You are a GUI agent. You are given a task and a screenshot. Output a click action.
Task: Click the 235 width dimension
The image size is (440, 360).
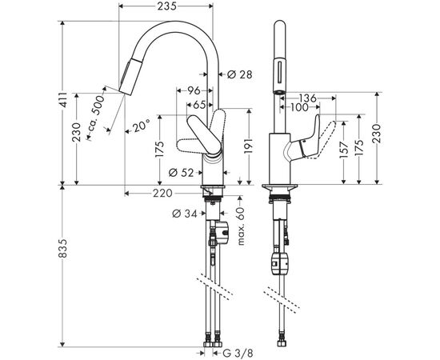165,6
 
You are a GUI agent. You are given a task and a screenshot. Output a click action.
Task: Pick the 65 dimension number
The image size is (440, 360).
198,104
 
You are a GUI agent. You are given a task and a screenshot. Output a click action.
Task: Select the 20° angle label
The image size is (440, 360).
142,126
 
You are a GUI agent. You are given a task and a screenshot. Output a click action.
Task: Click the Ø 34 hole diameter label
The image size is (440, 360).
184,213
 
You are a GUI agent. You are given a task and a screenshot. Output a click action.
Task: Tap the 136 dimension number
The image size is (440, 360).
309,98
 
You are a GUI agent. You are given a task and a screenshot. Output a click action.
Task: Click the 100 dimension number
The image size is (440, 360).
300,108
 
